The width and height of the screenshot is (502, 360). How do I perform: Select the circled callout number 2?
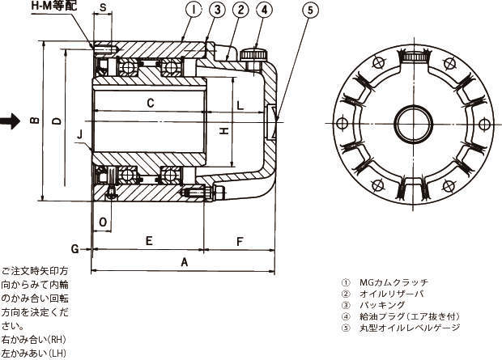(x=240, y=11)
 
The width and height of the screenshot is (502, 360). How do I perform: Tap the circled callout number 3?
(x=217, y=11)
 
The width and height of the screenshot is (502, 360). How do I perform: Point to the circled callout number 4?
(x=265, y=11)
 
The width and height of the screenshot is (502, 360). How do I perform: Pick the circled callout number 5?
(x=313, y=11)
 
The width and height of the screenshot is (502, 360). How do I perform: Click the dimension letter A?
(x=184, y=262)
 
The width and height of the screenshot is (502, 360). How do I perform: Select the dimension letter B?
(x=34, y=121)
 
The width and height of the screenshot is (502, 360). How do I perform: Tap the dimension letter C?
(x=151, y=103)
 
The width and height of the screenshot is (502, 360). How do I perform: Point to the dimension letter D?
(x=55, y=121)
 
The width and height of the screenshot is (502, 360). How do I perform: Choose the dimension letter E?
(x=149, y=240)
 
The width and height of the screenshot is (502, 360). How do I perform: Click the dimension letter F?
(x=240, y=240)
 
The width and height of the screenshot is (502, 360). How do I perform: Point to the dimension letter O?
(x=102, y=221)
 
